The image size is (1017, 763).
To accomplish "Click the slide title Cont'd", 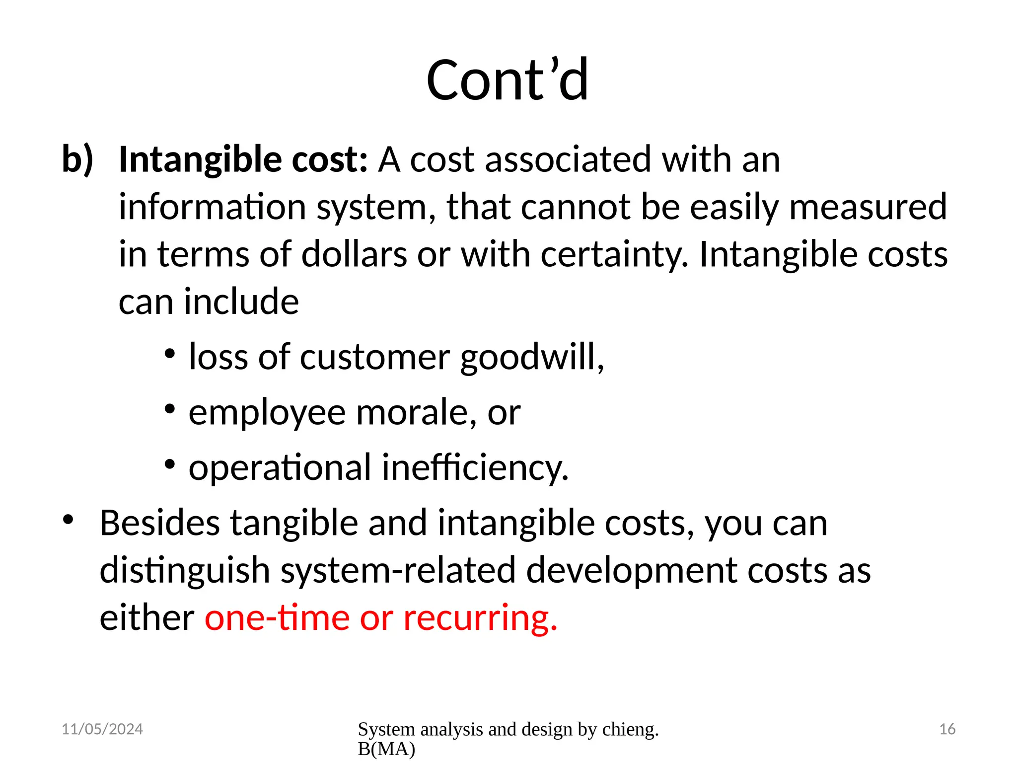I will [508, 80].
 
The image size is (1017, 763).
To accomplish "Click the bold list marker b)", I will [77, 160].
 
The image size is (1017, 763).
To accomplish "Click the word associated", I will [568, 160].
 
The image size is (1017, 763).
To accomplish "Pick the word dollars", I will [354, 254].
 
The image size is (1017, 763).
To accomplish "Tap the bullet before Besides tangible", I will [68, 520].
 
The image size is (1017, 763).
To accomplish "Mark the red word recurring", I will [480, 618].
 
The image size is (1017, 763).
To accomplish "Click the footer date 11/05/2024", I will [102, 729].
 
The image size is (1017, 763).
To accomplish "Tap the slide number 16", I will [947, 729].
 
